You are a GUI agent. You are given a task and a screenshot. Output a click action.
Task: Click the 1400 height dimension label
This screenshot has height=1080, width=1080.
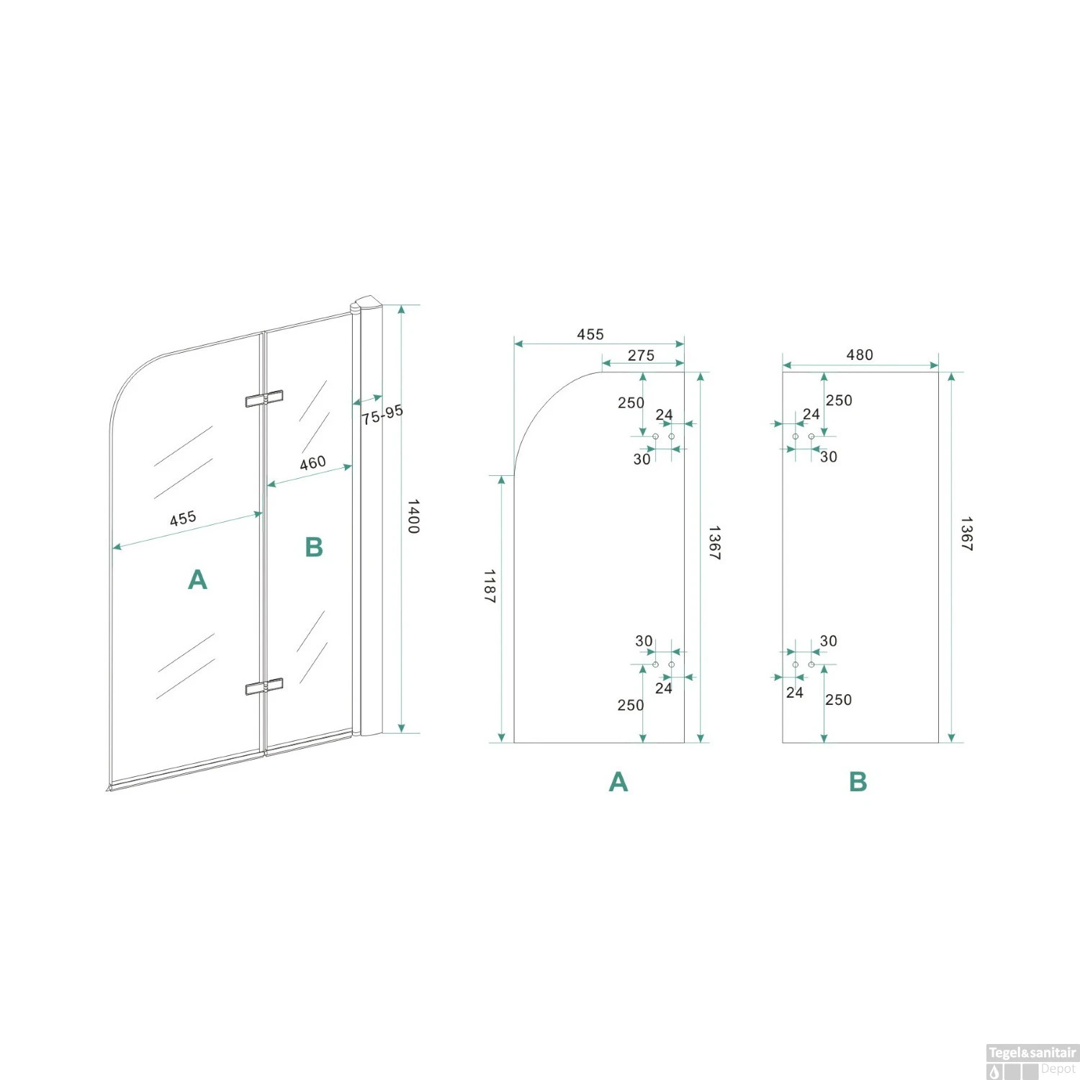[x=413, y=516]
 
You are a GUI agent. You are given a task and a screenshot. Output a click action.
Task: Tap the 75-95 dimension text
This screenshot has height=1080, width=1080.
[x=382, y=415]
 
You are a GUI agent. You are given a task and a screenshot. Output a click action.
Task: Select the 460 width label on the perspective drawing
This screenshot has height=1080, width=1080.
[x=312, y=463]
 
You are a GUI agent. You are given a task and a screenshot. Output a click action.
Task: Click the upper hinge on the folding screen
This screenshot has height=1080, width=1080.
[x=264, y=398]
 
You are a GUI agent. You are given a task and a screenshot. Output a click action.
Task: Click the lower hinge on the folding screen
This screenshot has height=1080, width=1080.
[x=264, y=687]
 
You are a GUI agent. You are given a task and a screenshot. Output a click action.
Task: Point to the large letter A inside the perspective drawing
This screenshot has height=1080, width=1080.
[x=197, y=580]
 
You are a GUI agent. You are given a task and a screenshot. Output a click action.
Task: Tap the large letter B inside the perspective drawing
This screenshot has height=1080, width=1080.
[x=314, y=547]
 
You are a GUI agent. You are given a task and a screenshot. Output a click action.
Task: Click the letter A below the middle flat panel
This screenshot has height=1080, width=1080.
[x=618, y=782]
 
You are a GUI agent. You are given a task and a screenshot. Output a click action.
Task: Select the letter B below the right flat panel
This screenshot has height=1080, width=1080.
[x=858, y=782]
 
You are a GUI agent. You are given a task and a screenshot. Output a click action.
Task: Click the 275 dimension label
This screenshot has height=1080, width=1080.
[x=641, y=356]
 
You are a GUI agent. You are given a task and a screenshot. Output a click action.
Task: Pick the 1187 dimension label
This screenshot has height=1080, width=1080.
[x=490, y=586]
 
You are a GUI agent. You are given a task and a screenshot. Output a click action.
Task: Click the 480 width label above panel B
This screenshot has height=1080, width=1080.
[x=860, y=355]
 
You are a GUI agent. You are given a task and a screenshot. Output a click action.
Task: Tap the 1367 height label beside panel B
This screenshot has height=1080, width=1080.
[x=966, y=534]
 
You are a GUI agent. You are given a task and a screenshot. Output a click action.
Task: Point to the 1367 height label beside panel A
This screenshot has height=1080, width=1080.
[x=714, y=543]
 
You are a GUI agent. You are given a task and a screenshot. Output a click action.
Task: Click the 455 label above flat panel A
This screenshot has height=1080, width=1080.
[x=590, y=334]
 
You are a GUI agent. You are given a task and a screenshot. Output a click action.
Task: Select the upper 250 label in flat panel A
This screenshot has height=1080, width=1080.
[x=631, y=403]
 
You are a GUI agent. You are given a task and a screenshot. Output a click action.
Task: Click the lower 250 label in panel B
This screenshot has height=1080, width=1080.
[x=838, y=700]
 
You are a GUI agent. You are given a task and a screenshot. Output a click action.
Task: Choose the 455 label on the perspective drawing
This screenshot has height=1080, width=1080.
[x=183, y=518]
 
